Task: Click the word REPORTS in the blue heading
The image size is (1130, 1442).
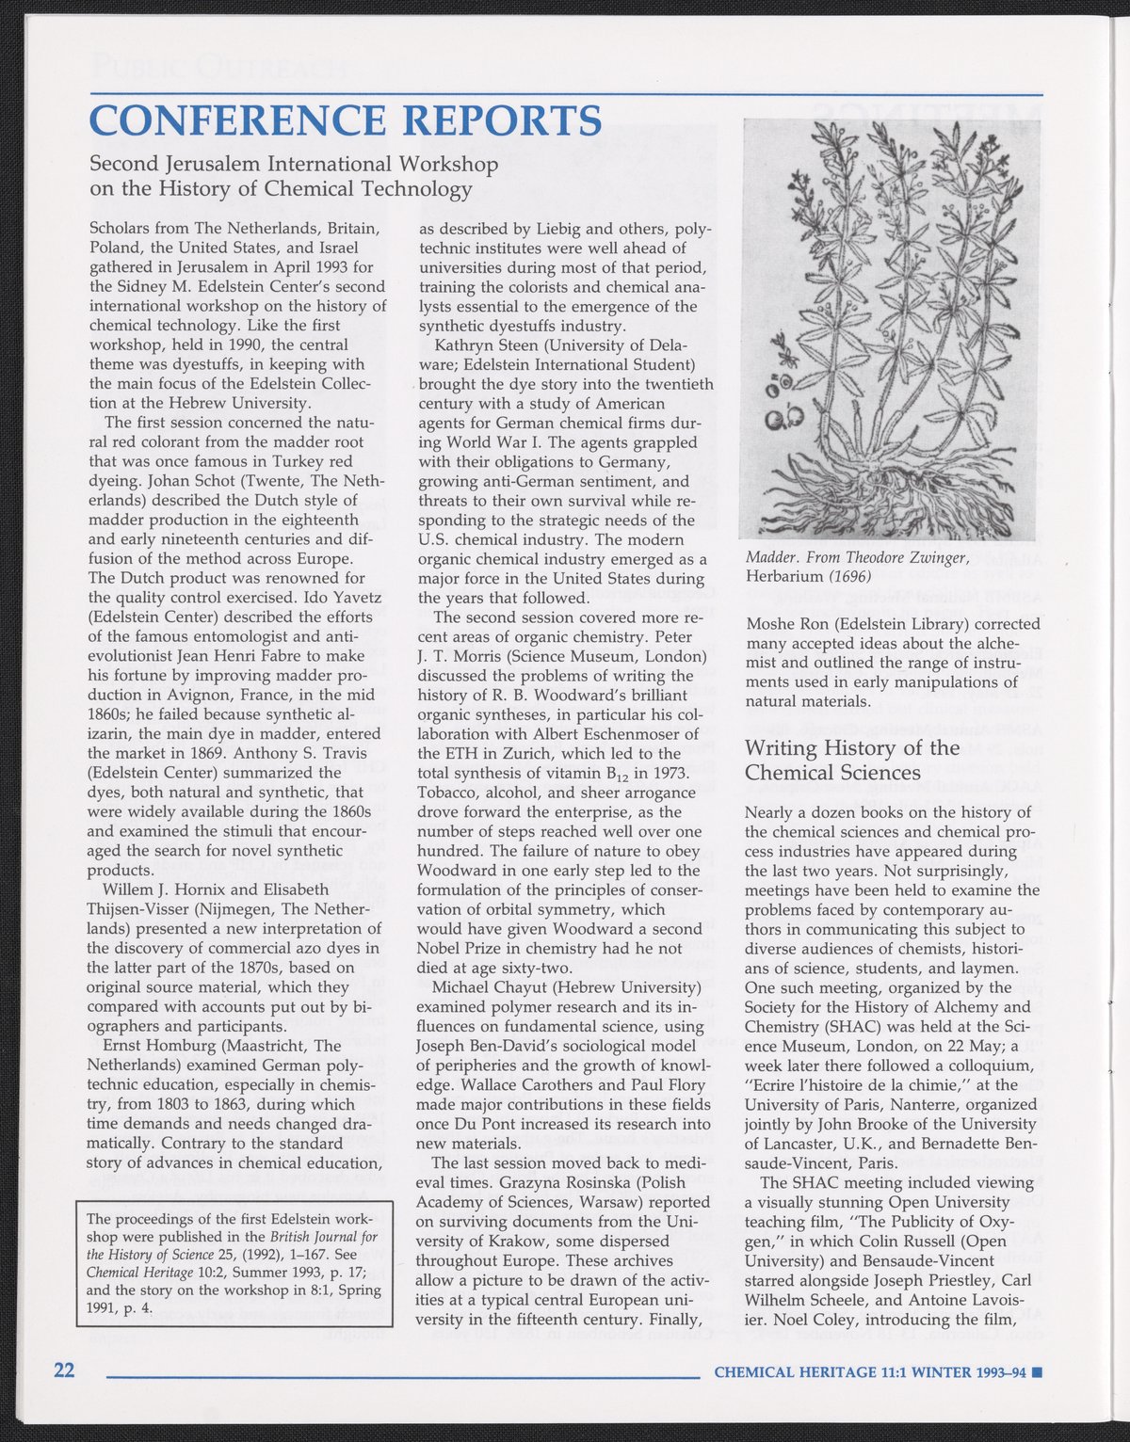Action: click(498, 120)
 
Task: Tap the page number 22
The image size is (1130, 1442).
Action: click(64, 1370)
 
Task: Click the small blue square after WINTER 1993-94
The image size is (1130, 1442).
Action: click(1037, 1372)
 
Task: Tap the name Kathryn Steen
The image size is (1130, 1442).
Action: click(488, 345)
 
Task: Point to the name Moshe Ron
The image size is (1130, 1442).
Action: click(783, 624)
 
